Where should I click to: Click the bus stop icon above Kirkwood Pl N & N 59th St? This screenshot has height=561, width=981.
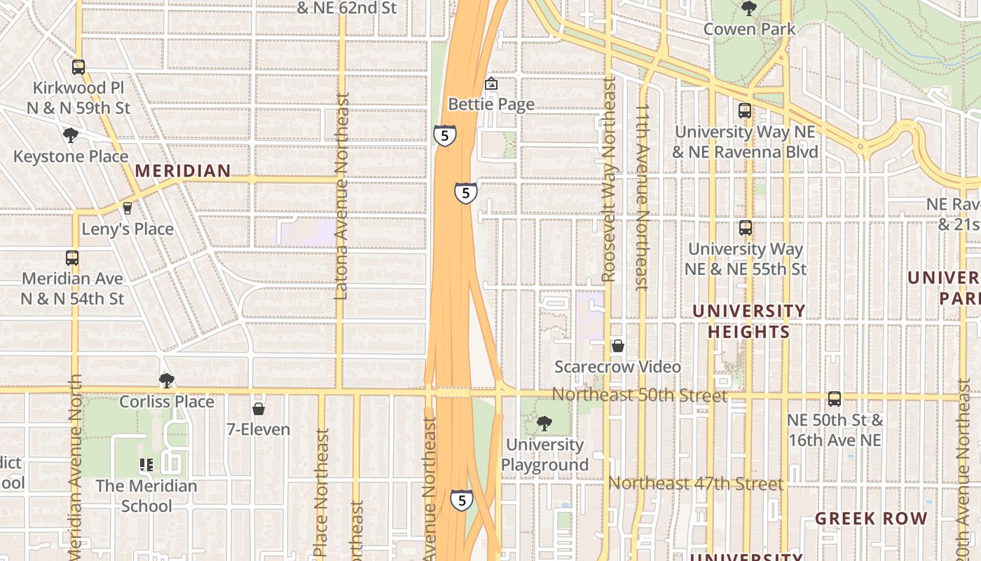click(78, 67)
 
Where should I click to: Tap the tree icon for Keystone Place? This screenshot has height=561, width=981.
click(70, 135)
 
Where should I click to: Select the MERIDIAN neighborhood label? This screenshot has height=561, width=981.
click(183, 170)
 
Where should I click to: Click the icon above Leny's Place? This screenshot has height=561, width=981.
click(127, 208)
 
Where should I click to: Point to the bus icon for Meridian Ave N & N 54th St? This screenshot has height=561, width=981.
click(72, 257)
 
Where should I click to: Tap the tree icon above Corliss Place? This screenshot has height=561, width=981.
click(166, 381)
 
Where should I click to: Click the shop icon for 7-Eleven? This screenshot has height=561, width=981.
click(259, 408)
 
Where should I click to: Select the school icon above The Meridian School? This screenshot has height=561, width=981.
click(146, 464)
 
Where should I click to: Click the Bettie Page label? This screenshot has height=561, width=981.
click(491, 104)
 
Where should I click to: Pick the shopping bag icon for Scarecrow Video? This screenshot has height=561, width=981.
click(618, 346)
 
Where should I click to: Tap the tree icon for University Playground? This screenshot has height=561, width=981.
click(544, 424)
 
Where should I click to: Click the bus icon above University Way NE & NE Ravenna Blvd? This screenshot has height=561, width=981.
click(745, 111)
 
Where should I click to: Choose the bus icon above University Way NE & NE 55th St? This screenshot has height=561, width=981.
click(746, 228)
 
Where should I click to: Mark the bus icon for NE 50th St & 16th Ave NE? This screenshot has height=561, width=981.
click(835, 399)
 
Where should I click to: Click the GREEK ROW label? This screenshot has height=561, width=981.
click(871, 519)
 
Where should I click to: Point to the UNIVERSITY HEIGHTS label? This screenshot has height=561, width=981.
click(749, 321)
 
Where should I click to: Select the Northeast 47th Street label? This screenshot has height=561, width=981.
click(695, 484)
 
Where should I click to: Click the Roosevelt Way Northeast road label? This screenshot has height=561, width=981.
click(609, 181)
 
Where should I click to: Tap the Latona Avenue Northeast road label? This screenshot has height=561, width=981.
click(342, 197)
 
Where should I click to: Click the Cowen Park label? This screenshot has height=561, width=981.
click(749, 29)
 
